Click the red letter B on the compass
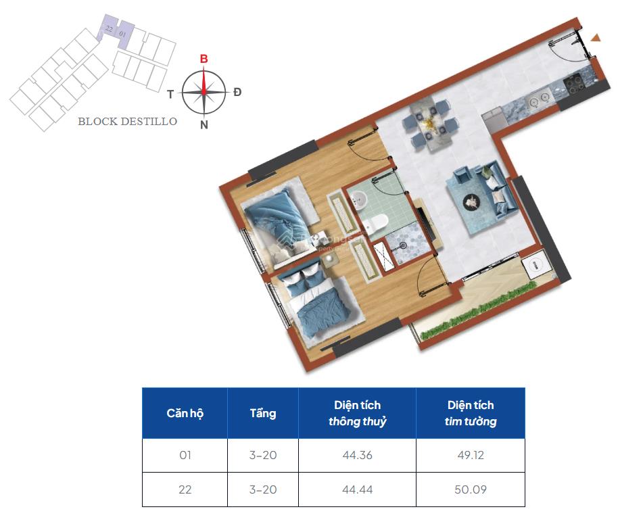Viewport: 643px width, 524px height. point(204,59)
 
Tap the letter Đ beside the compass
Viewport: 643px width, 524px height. point(237,92)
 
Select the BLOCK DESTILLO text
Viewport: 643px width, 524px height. point(127,122)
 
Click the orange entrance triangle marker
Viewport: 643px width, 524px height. point(596,38)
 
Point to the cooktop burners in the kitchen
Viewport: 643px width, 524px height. point(576,84)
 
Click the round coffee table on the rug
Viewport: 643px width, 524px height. point(471,201)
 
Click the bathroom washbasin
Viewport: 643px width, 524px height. point(358,199)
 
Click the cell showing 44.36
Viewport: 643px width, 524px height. point(357,455)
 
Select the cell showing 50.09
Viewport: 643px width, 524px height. point(470,489)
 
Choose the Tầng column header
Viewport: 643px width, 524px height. point(262,413)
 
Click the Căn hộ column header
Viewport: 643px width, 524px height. point(185,413)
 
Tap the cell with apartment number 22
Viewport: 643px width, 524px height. point(185,489)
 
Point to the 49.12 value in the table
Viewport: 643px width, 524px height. point(470,455)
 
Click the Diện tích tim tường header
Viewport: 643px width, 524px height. point(470,413)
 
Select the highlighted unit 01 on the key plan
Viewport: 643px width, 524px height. point(123,32)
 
